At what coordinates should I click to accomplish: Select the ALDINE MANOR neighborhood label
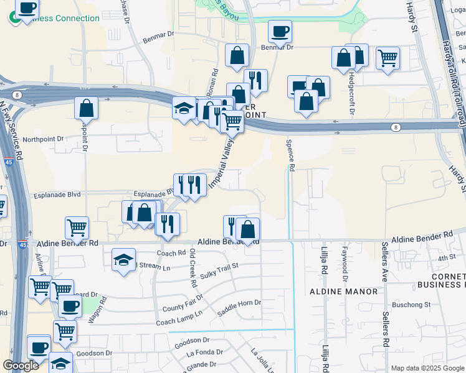click(343, 291)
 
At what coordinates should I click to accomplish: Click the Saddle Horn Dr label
click(239, 303)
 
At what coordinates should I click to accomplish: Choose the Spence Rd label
click(290, 154)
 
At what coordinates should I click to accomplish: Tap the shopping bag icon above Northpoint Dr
click(86, 108)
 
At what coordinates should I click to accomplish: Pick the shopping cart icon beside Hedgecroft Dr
click(388, 58)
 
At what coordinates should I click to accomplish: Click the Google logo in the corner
click(21, 366)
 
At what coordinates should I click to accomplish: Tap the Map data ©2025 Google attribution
click(427, 368)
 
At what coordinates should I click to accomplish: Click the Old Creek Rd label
click(194, 268)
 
